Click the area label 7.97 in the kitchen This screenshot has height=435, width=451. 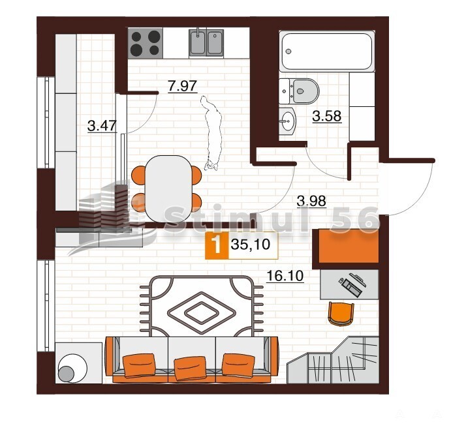tap(183, 85)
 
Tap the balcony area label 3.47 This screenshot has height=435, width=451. tap(102, 126)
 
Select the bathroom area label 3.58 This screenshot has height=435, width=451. tap(327, 116)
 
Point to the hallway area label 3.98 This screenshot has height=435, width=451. tap(311, 201)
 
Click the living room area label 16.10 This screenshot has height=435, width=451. tap(285, 276)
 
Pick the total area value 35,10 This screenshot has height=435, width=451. tap(251, 245)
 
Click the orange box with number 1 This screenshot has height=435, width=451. tap(217, 245)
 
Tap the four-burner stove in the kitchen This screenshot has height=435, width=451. tap(146, 43)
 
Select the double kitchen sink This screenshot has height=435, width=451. tap(206, 43)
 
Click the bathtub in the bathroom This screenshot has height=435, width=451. tap(327, 51)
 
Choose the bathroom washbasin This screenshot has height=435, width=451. tap(287, 121)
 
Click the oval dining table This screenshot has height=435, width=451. tap(168, 188)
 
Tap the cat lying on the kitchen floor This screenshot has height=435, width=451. tap(212, 132)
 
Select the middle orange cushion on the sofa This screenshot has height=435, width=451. tap(191, 368)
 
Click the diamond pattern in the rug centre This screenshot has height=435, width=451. tap(202, 312)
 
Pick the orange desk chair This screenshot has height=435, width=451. tap(341, 314)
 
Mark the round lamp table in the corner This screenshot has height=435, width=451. tap(72, 368)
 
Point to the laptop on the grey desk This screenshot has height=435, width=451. tap(352, 284)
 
